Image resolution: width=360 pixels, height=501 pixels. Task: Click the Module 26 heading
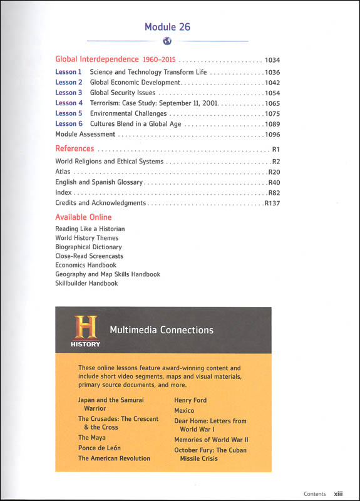pyautogui.click(x=167, y=27)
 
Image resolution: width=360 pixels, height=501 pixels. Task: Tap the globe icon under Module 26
pyautogui.click(x=167, y=42)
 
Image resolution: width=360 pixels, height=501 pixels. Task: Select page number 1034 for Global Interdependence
pyautogui.click(x=272, y=61)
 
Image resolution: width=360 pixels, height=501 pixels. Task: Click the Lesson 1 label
pyautogui.click(x=69, y=73)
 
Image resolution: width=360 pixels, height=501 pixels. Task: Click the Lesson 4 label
pyautogui.click(x=69, y=103)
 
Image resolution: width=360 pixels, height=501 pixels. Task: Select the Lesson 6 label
pyautogui.click(x=69, y=124)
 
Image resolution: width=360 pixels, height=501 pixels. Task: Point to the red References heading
pyautogui.click(x=75, y=149)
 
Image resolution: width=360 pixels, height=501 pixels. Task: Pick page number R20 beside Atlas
pyautogui.click(x=274, y=172)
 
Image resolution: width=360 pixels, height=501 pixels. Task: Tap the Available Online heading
pyautogui.click(x=83, y=217)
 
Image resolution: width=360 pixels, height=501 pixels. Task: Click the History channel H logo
pyautogui.click(x=86, y=330)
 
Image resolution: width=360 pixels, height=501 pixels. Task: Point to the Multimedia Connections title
pyautogui.click(x=162, y=330)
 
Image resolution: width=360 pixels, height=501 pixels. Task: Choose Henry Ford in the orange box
pyautogui.click(x=190, y=400)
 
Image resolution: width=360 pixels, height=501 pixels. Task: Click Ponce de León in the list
pyautogui.click(x=99, y=448)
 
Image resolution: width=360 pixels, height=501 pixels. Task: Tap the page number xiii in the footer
pyautogui.click(x=337, y=493)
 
